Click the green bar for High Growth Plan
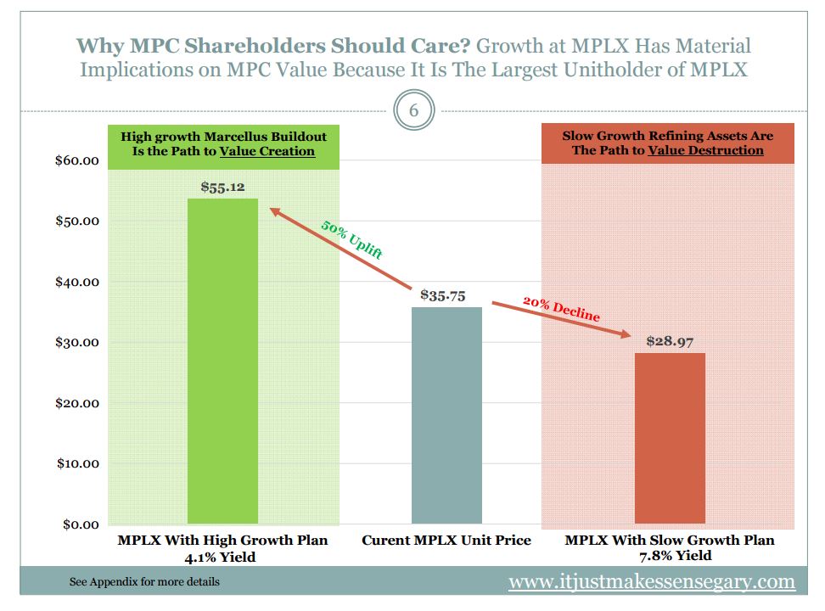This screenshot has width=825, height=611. [x=222, y=361]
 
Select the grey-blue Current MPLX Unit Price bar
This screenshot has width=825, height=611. [x=446, y=415]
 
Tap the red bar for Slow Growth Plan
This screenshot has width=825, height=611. [x=670, y=438]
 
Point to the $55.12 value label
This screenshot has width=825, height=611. [x=223, y=187]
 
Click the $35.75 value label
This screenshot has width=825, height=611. [x=443, y=295]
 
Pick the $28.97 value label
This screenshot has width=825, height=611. [x=670, y=341]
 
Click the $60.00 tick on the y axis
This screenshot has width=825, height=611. [x=77, y=161]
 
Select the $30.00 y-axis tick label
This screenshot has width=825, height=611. [x=77, y=343]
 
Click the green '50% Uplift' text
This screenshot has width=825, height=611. [x=351, y=239]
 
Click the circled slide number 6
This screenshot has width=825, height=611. [x=413, y=111]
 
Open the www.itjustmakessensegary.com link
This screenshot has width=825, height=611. [x=651, y=582]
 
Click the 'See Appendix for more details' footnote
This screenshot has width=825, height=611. [x=144, y=582]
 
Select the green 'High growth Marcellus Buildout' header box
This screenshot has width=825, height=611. [x=223, y=143]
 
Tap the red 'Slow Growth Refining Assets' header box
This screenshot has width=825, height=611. [x=669, y=143]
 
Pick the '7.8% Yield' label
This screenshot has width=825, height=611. [x=670, y=556]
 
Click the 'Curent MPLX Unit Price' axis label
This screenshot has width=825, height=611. [x=446, y=541]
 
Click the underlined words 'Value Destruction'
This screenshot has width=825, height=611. [x=705, y=151]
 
